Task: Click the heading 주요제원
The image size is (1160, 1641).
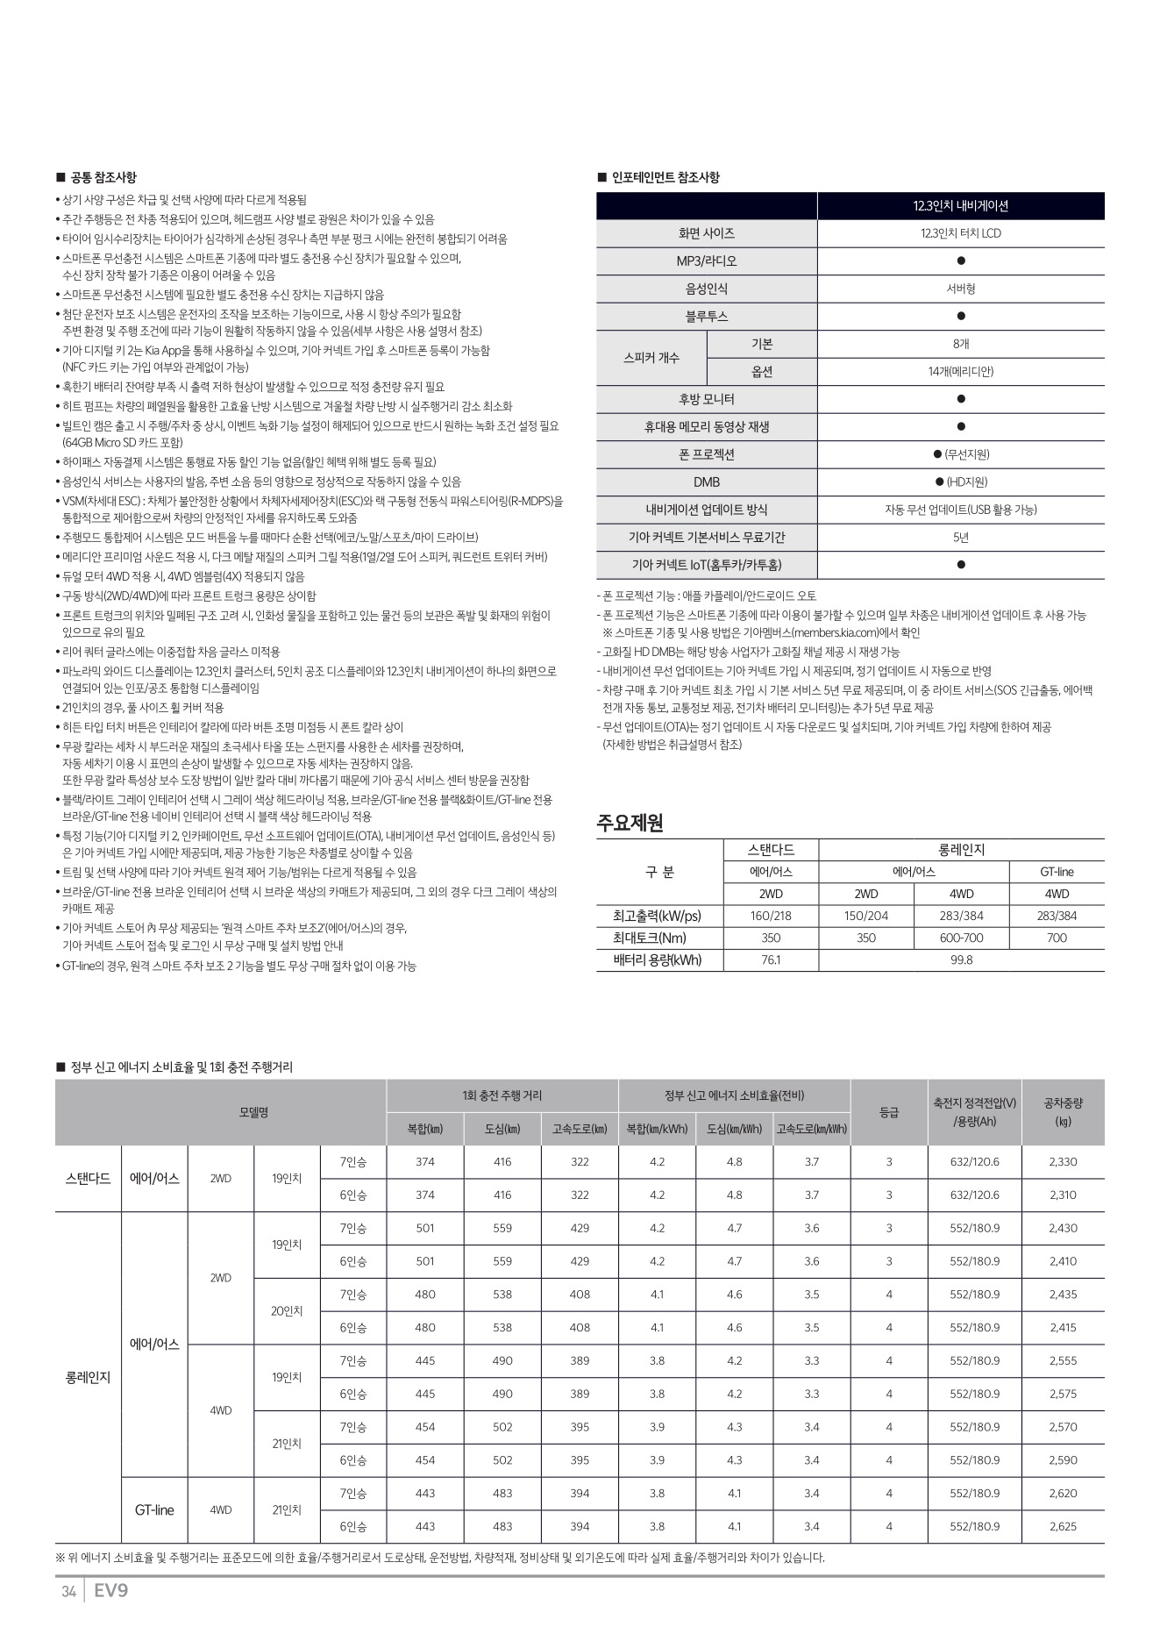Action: (x=630, y=823)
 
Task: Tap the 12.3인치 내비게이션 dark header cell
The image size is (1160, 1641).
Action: (x=960, y=206)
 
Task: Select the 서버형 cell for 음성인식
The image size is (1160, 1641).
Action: (x=960, y=289)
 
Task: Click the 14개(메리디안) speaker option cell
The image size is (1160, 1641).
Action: (x=960, y=372)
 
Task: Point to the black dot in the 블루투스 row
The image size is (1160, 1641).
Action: (x=961, y=317)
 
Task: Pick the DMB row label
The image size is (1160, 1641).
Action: (x=706, y=482)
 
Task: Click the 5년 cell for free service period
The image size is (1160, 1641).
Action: (x=960, y=537)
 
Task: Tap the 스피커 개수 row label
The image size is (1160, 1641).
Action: (x=651, y=358)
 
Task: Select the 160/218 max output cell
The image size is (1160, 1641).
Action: (x=771, y=916)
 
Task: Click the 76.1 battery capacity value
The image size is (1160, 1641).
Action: (x=771, y=960)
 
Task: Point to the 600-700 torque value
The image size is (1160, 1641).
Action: (x=961, y=938)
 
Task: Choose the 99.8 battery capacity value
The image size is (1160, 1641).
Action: (x=961, y=960)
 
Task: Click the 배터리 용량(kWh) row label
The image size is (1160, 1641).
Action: (x=658, y=960)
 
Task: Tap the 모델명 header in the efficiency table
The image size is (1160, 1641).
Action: (x=253, y=1111)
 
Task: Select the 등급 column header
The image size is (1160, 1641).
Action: (x=888, y=1111)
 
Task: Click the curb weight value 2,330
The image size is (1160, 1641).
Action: (x=1063, y=1161)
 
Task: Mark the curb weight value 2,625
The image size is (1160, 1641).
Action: (x=1063, y=1526)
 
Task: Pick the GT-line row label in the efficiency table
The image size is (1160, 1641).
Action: (x=154, y=1509)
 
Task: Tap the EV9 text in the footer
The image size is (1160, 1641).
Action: (x=110, y=1591)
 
